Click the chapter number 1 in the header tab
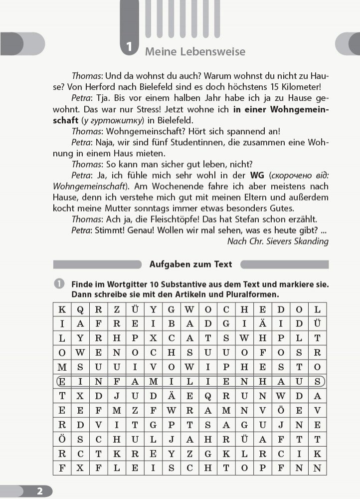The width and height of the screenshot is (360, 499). click(x=130, y=48)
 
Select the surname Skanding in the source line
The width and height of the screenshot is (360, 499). click(x=310, y=241)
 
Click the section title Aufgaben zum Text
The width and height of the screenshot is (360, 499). click(x=191, y=264)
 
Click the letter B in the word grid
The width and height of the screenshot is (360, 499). click(x=172, y=323)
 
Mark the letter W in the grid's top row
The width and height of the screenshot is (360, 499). click(x=189, y=309)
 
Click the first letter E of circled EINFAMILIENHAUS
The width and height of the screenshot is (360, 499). click(x=62, y=382)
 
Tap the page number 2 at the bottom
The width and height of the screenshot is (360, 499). click(x=39, y=491)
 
